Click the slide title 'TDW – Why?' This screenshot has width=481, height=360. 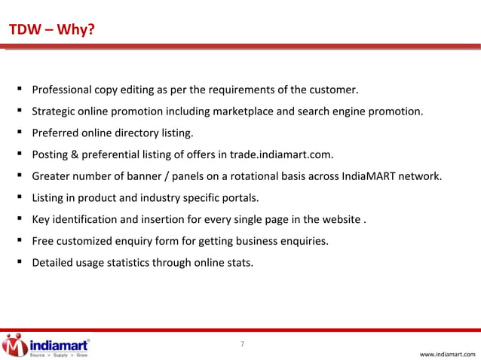(51, 30)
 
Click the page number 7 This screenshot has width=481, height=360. (242, 345)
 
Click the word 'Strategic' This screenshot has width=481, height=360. (54, 113)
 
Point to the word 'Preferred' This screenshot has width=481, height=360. (54, 134)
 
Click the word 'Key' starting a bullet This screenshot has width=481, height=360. (41, 221)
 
